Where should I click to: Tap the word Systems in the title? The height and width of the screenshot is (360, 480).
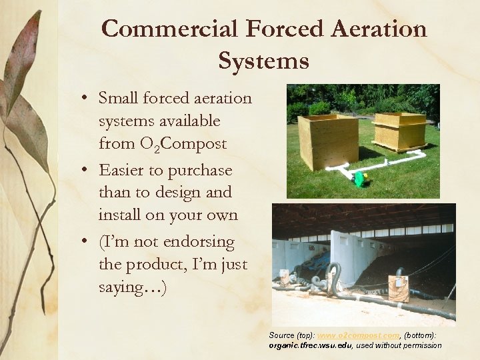click(263, 61)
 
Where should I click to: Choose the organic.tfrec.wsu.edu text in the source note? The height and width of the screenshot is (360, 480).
click(310, 345)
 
